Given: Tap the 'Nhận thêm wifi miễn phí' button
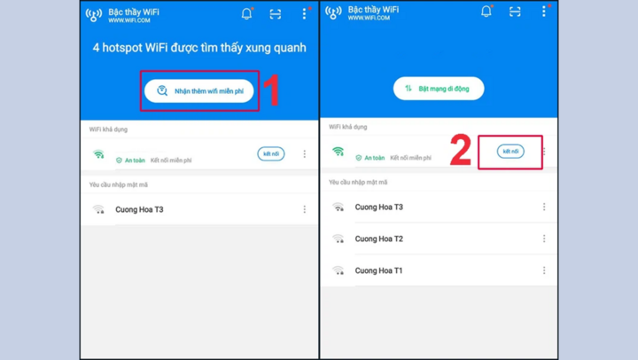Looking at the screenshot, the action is (199, 90).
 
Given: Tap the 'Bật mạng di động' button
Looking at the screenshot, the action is (439, 89).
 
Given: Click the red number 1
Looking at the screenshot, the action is (272, 90).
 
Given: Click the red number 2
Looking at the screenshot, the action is (461, 150).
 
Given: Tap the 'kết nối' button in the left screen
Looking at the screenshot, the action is (271, 154).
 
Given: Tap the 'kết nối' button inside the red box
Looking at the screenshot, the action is (510, 152).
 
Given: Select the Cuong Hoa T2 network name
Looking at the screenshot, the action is (379, 239).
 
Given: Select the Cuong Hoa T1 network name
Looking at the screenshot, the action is (378, 270).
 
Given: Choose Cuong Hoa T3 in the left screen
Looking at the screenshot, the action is (139, 210).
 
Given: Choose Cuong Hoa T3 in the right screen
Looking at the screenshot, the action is (379, 207).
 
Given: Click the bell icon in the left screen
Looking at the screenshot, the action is (246, 14).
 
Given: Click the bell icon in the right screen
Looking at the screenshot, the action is (486, 12).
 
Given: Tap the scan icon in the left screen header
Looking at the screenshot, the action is (276, 14).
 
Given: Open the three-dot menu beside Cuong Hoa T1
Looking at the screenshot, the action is (544, 270).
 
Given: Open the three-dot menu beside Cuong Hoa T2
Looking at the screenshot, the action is (544, 239).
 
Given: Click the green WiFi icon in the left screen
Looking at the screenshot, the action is (98, 154).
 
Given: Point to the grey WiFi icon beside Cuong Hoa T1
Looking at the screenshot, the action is (338, 270).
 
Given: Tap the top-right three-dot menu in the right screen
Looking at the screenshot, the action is (544, 11).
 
